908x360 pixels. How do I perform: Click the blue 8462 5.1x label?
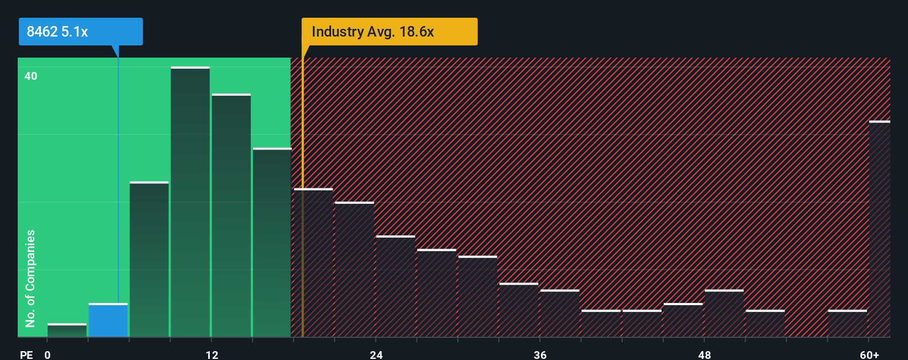click(x=80, y=32)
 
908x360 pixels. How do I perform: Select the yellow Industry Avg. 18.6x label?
click(x=389, y=32)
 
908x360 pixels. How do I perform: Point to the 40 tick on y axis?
click(x=31, y=76)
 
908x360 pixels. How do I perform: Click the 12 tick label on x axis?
click(x=211, y=354)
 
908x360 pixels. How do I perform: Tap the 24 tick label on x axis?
click(x=376, y=354)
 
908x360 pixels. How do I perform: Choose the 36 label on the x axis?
click(x=540, y=354)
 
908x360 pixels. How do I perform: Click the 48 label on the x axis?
click(x=704, y=354)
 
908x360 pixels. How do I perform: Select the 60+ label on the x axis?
click(x=869, y=354)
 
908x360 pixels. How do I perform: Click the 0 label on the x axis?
click(x=48, y=354)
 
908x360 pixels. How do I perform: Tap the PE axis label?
click(x=26, y=354)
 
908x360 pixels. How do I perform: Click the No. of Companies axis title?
click(x=30, y=278)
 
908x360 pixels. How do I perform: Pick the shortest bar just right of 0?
click(x=67, y=330)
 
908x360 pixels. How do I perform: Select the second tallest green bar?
click(x=231, y=216)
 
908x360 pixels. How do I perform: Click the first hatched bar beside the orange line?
click(x=313, y=263)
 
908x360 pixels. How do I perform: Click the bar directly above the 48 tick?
click(x=724, y=313)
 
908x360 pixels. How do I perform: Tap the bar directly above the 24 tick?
click(x=395, y=286)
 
